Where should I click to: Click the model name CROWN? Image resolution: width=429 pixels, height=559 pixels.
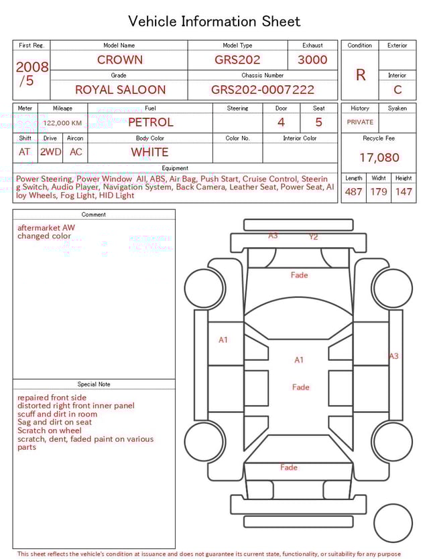(119, 60)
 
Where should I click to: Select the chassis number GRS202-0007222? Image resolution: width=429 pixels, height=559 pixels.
(262, 90)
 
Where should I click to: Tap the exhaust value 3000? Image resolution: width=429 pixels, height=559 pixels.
(312, 60)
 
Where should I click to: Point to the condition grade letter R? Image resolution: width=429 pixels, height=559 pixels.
(360, 75)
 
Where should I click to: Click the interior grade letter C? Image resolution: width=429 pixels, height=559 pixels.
(397, 90)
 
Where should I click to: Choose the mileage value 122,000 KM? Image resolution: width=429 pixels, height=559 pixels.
(62, 123)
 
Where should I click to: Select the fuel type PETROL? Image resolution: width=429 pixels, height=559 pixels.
(150, 123)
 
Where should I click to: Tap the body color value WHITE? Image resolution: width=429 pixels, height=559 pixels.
(149, 152)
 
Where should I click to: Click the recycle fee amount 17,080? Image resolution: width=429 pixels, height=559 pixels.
(379, 158)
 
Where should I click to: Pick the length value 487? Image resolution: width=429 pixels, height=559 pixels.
(353, 192)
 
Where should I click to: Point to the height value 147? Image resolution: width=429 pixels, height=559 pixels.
(403, 192)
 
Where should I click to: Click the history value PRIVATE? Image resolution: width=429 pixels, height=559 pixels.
(360, 123)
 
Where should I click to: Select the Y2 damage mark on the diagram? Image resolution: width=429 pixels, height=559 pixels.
(313, 237)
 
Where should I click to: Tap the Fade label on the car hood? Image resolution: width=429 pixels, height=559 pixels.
(299, 275)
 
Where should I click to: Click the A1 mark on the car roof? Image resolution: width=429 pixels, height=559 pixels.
(299, 360)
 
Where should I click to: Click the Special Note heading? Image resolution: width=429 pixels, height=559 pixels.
(94, 384)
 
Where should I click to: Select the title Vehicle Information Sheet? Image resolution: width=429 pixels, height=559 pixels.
(214, 21)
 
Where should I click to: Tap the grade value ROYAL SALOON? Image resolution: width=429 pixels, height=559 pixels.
(120, 90)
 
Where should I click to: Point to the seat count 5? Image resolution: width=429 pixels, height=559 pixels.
(318, 123)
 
